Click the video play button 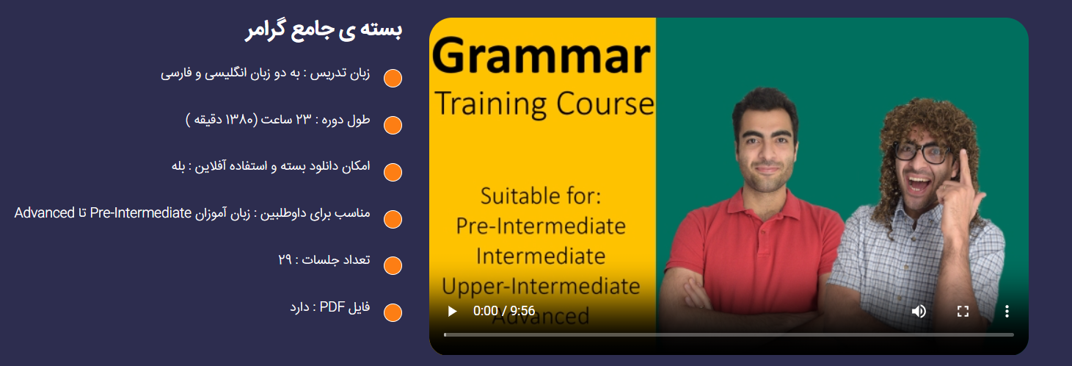[x=452, y=312]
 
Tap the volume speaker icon [x=919, y=312]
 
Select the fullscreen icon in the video [x=963, y=312]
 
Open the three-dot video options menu [x=1007, y=312]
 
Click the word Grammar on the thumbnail [x=542, y=57]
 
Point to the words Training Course [x=544, y=104]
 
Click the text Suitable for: [x=541, y=196]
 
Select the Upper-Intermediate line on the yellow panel [x=541, y=287]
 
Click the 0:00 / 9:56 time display [x=504, y=311]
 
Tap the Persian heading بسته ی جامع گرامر [x=324, y=29]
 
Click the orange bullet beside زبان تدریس [x=393, y=78]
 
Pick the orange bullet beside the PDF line [x=393, y=312]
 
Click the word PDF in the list [x=332, y=306]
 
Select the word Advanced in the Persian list [x=45, y=212]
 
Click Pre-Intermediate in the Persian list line [x=141, y=212]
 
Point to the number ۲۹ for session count [x=285, y=259]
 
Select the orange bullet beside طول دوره [x=393, y=125]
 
